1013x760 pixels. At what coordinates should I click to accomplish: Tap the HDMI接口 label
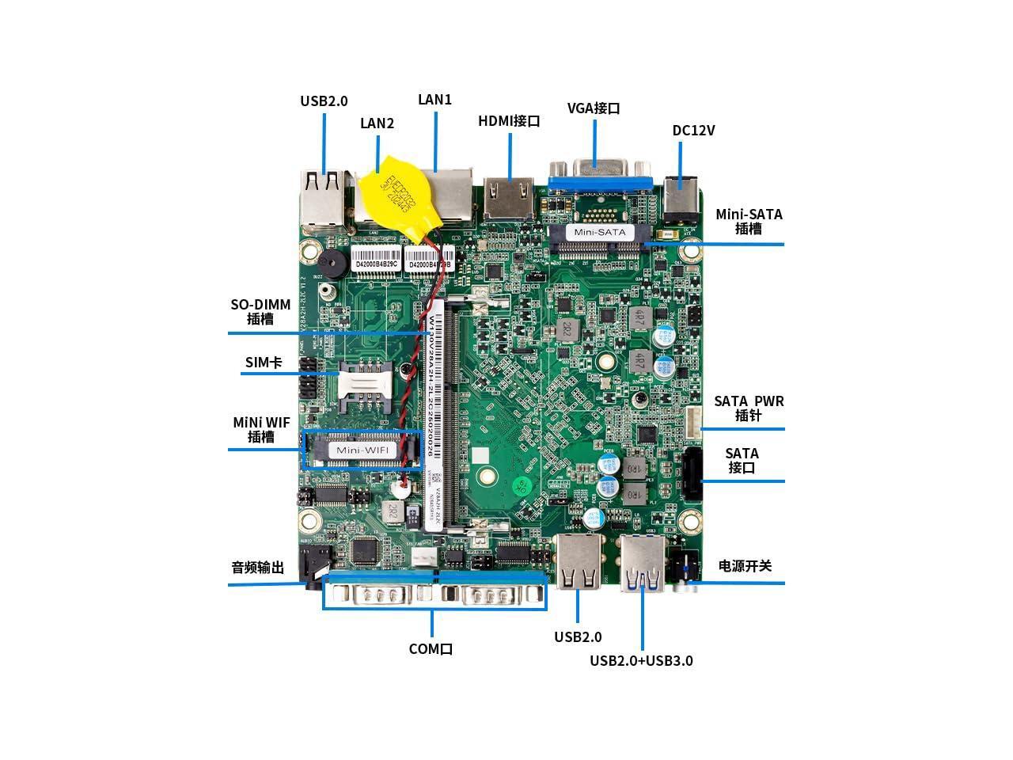coord(509,121)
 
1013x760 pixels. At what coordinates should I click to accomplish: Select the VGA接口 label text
coord(594,108)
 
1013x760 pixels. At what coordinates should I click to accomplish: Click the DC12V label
coord(693,131)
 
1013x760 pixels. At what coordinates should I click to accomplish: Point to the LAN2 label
coord(377,123)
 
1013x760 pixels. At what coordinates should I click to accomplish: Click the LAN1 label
coord(434,100)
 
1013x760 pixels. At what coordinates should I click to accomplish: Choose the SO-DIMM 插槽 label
coord(260,312)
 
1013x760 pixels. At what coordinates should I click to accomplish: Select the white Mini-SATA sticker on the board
coord(599,232)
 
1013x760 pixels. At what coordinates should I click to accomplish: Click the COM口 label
coord(431,649)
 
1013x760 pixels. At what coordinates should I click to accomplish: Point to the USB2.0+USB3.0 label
coord(641,660)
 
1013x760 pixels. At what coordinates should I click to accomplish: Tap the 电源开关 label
coord(745,566)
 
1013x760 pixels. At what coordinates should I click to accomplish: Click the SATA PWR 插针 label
coord(749,408)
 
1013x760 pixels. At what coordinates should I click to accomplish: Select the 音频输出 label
coord(257,568)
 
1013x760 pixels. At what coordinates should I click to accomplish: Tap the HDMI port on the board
coord(510,199)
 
